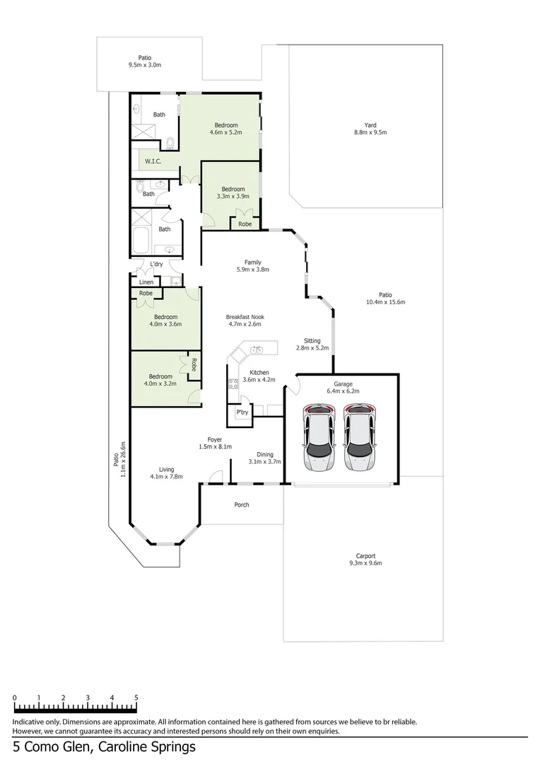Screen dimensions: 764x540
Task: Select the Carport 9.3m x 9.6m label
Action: click(365, 560)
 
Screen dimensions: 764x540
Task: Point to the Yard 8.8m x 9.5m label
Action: click(370, 128)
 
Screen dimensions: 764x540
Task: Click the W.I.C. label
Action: click(153, 161)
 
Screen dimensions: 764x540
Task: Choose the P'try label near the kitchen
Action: click(242, 412)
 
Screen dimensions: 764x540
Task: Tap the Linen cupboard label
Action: click(146, 282)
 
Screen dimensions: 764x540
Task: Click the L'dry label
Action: click(156, 265)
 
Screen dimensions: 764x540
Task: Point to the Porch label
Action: click(242, 504)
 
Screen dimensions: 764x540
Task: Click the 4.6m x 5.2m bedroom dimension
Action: click(226, 132)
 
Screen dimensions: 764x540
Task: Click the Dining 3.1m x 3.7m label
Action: click(264, 458)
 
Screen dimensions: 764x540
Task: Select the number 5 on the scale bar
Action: click(136, 698)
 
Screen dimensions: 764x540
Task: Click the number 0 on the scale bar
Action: click(15, 698)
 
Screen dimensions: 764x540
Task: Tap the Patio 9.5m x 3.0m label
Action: click(145, 62)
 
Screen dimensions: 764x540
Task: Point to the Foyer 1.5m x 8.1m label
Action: click(215, 443)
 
